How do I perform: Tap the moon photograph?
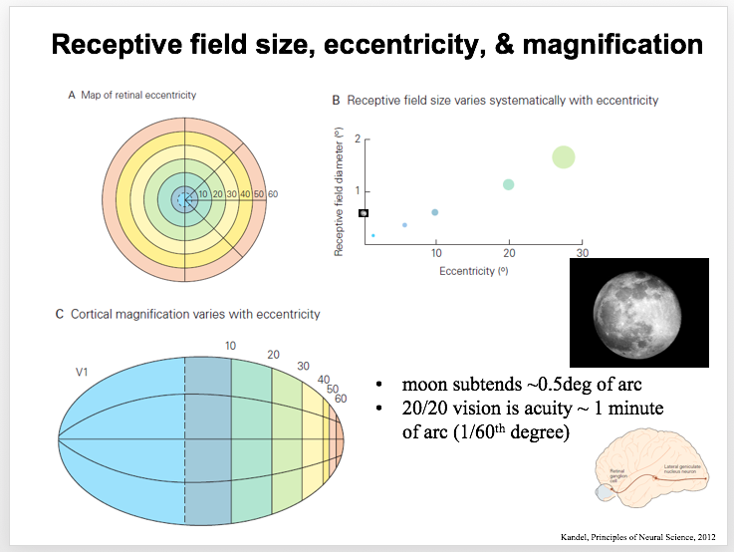(x=638, y=312)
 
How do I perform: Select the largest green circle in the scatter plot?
(x=564, y=156)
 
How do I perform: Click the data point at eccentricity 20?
(x=509, y=184)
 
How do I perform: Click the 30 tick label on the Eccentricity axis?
(x=583, y=253)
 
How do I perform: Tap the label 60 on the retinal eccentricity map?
(x=272, y=193)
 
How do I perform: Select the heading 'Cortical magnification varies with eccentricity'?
(x=195, y=314)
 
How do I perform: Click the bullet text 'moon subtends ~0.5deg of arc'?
(x=515, y=384)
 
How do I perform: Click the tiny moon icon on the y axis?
(x=364, y=212)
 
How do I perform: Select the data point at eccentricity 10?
(x=435, y=212)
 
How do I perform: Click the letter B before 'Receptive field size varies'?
(x=336, y=101)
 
